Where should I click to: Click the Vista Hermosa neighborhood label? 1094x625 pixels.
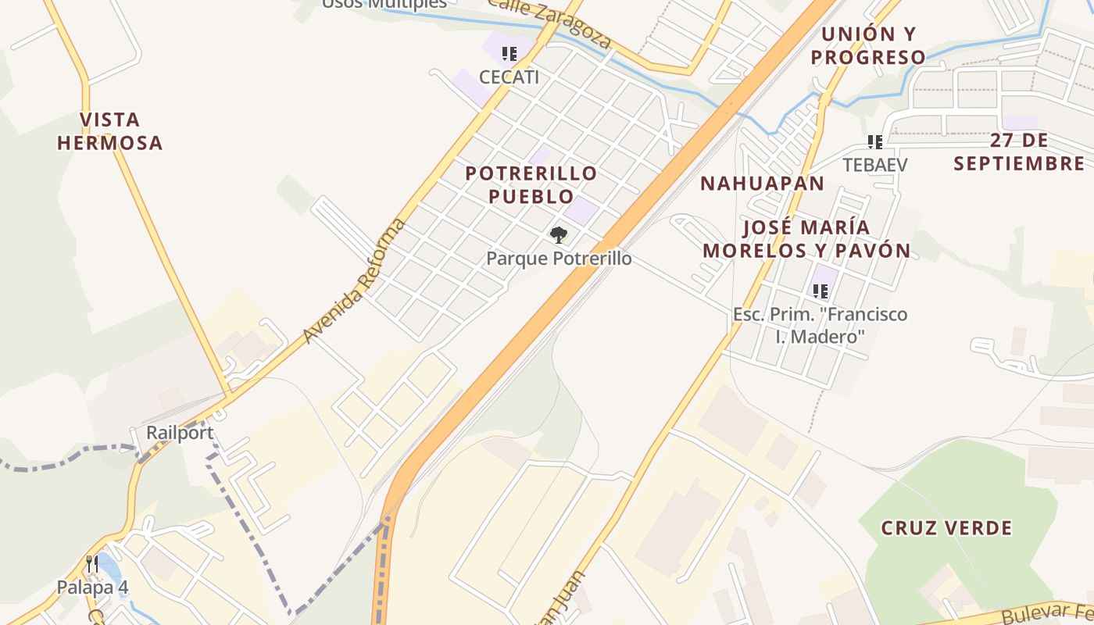pyautogui.click(x=110, y=131)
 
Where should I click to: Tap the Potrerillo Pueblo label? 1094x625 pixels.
pyautogui.click(x=531, y=184)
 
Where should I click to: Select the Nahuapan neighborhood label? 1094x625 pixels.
pyautogui.click(x=762, y=184)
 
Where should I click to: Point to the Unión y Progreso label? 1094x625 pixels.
pyautogui.click(x=868, y=45)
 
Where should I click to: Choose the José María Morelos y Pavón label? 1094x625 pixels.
pyautogui.click(x=806, y=239)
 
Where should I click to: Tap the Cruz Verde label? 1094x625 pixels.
pyautogui.click(x=946, y=528)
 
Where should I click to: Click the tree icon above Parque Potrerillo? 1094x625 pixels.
pyautogui.click(x=558, y=234)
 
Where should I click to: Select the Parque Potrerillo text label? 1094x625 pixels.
pyautogui.click(x=559, y=258)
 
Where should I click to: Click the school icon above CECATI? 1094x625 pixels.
pyautogui.click(x=509, y=54)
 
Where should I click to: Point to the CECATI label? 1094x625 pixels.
pyautogui.click(x=509, y=77)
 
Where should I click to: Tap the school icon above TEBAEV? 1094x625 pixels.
pyautogui.click(x=875, y=142)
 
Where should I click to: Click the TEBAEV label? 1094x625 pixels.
pyautogui.click(x=875, y=165)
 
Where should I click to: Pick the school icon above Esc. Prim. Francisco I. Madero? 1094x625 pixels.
pyautogui.click(x=820, y=291)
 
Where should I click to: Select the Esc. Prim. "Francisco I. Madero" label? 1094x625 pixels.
pyautogui.click(x=820, y=325)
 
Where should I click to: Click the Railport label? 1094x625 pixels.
pyautogui.click(x=180, y=433)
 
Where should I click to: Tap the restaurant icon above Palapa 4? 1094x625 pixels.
pyautogui.click(x=92, y=564)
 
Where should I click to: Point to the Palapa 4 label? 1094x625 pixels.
pyautogui.click(x=92, y=587)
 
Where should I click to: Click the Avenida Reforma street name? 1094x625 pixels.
pyautogui.click(x=356, y=280)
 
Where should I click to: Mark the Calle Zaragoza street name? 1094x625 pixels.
pyautogui.click(x=549, y=21)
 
